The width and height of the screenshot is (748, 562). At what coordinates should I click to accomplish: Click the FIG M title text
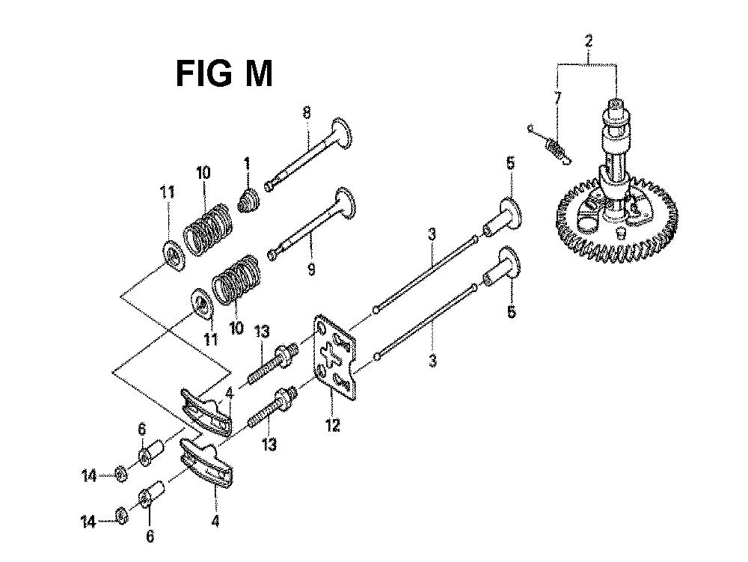coord(224,75)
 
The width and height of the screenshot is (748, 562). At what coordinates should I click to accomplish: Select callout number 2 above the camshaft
coord(589,40)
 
